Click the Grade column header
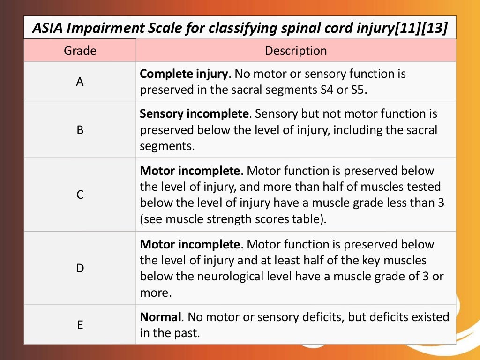(x=80, y=51)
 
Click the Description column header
(x=296, y=51)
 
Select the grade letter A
(x=80, y=82)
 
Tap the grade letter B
(x=80, y=130)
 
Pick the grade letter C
(x=80, y=195)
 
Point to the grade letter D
(x=80, y=269)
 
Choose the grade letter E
(x=80, y=325)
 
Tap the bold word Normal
(x=161, y=317)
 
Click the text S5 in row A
(x=359, y=90)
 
